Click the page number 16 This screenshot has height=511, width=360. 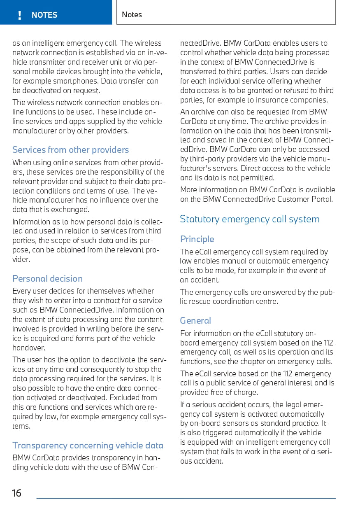coord(16,493)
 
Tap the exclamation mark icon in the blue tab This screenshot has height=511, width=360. coord(19,15)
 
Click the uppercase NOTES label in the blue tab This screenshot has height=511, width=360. coord(44,15)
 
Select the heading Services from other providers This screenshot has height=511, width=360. coord(70,150)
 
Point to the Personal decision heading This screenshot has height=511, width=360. coord(47,278)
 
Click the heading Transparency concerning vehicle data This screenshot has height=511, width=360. coord(88,446)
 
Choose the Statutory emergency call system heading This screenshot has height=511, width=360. coord(249,219)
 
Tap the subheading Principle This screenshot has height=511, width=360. coord(197,239)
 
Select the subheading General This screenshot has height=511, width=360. coord(195,321)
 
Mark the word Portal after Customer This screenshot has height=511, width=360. coord(323,199)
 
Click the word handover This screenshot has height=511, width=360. coord(28,348)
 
